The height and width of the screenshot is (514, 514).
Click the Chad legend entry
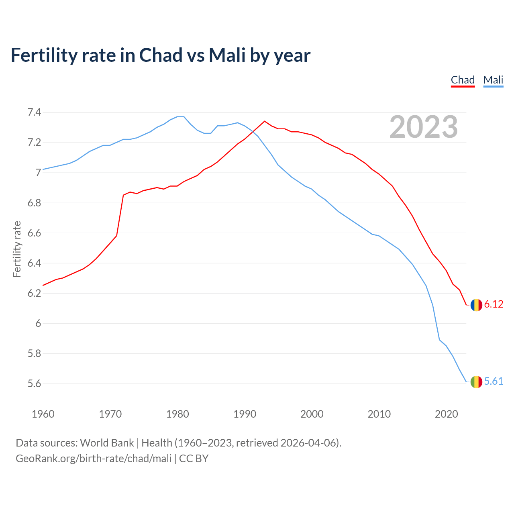point(463,80)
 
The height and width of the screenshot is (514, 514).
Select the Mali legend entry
point(493,80)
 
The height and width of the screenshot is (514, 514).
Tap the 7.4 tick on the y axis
point(34,112)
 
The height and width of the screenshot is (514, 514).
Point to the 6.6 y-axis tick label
point(34,233)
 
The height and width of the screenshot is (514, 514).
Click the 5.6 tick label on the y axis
point(34,384)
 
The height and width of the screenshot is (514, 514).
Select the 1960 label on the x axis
point(43,414)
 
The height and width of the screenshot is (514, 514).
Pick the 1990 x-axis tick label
point(245,414)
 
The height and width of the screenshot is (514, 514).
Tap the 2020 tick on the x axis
point(446,414)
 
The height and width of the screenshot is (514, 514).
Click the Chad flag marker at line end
point(476,305)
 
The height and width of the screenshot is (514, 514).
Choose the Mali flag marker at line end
point(476,382)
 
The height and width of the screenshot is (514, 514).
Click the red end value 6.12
point(494,304)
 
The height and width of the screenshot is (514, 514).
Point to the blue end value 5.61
point(494,381)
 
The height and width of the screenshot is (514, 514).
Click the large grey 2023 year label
point(423,127)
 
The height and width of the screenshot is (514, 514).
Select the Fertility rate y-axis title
point(17,249)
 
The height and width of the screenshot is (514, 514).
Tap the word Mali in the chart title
point(227,55)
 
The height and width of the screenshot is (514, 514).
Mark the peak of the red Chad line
point(265,121)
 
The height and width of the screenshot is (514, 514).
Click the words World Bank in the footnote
point(107,443)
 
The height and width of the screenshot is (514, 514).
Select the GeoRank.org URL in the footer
point(94,459)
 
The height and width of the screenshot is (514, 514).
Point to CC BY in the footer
point(194,459)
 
